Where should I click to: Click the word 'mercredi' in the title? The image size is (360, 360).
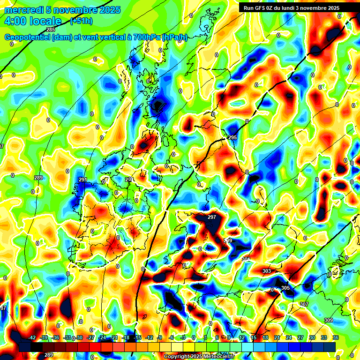pos(24,10)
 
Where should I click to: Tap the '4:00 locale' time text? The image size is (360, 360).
pos(32,21)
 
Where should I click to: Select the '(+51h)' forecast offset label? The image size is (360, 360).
pos(81,21)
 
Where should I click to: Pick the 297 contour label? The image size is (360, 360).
pos(212,217)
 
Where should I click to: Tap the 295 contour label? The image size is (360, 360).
pos(232,137)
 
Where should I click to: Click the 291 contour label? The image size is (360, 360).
pos(83,180)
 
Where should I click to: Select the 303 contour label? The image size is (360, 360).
pos(267,271)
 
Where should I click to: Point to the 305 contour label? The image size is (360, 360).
pos(285,288)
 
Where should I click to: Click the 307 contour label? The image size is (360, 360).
pos(304,304)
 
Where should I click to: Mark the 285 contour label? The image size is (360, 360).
pos(51,30)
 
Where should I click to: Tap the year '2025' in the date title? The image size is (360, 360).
pos(109,10)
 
